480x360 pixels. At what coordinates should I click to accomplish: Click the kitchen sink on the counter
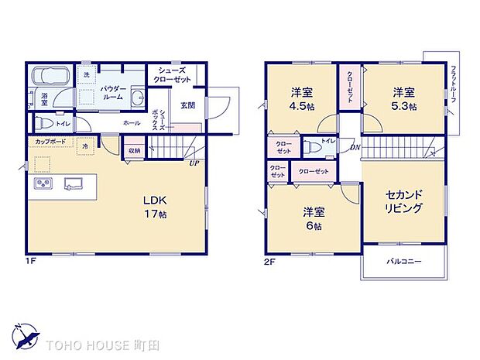pos(74,183)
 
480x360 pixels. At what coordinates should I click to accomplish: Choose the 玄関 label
pos(188,106)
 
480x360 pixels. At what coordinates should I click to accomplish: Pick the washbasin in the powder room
pos(137,98)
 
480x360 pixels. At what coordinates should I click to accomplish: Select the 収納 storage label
pos(135,151)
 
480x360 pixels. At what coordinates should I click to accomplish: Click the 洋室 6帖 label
pos(314,218)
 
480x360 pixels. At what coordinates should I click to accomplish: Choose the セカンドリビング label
pos(403,202)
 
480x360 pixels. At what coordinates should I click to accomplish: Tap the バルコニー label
pos(404,262)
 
